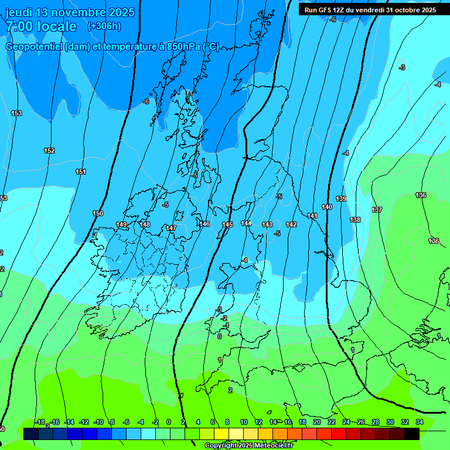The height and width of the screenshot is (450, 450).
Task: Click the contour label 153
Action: (16, 113)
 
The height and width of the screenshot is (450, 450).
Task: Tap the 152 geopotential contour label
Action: (49, 151)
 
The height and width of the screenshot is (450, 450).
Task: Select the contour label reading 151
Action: (81, 172)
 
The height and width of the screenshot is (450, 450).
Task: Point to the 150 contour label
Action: (98, 214)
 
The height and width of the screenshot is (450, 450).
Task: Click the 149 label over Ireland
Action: (122, 224)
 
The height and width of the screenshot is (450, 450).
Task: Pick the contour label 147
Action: (171, 228)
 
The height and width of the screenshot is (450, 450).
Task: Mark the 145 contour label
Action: (227, 225)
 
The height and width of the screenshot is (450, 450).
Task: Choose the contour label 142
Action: (291, 225)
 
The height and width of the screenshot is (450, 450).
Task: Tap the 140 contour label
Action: (327, 207)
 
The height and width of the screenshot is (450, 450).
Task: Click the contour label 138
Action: (355, 220)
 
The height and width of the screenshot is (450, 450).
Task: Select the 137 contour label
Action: (377, 210)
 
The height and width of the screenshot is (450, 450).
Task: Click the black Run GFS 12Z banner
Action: (370, 10)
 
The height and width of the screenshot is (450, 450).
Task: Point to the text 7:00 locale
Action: (41, 26)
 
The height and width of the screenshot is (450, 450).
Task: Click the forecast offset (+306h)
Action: (104, 26)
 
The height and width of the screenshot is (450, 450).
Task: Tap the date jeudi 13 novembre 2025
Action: (70, 12)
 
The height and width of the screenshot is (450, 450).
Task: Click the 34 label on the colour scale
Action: (420, 422)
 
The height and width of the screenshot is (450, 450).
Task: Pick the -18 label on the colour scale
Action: (39, 422)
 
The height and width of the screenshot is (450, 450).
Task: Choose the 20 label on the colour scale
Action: (317, 422)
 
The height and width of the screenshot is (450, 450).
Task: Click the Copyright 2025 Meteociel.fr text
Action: (248, 446)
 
